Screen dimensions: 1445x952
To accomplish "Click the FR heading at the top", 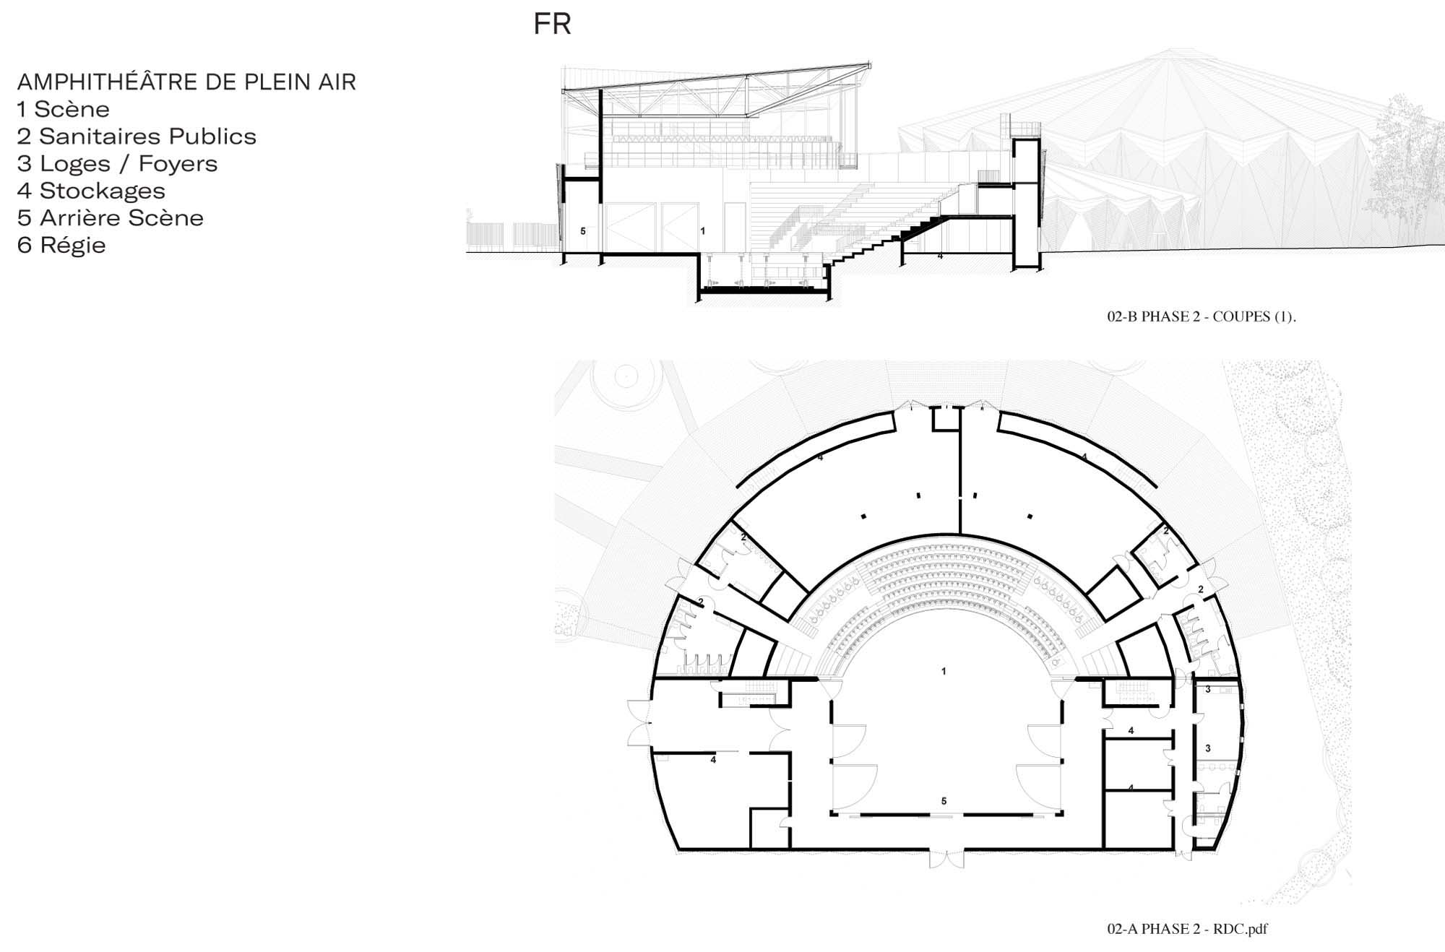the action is [553, 24].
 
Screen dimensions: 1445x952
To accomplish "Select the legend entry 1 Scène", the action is [64, 109].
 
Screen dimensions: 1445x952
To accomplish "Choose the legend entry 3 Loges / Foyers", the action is [117, 164].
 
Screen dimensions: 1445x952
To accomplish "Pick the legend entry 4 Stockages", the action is [91, 191].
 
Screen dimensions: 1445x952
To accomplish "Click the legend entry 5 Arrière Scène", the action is [111, 218].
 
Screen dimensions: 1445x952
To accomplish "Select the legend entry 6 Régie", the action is [61, 246].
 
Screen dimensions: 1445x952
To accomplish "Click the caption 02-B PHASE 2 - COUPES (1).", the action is [1202, 316].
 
